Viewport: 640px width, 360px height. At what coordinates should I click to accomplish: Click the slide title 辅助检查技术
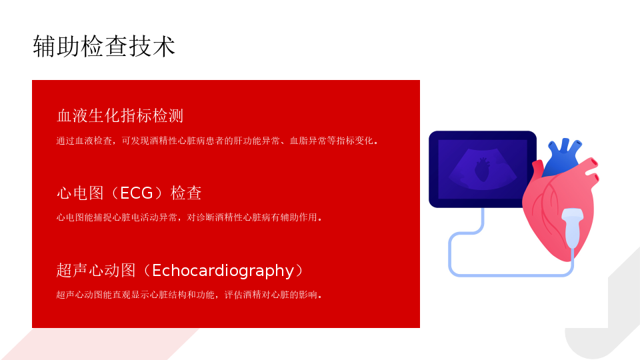pos(104,46)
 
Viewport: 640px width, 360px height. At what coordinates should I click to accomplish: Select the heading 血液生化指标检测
pos(120,115)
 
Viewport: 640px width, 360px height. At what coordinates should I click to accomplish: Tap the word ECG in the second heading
pos(136,193)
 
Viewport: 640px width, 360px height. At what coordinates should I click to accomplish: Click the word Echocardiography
pos(223,270)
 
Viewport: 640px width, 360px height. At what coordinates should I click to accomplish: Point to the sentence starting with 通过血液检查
pos(218,141)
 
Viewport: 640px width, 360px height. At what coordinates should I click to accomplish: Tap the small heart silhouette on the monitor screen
pos(482,170)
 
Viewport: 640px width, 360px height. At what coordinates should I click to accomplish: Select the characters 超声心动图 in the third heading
pos(96,270)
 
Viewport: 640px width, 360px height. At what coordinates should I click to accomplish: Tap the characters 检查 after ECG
pos(186,193)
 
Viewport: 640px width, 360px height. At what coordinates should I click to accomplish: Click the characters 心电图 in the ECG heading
pos(80,193)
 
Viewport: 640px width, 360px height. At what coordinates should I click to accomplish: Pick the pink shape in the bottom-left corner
pos(100,345)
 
